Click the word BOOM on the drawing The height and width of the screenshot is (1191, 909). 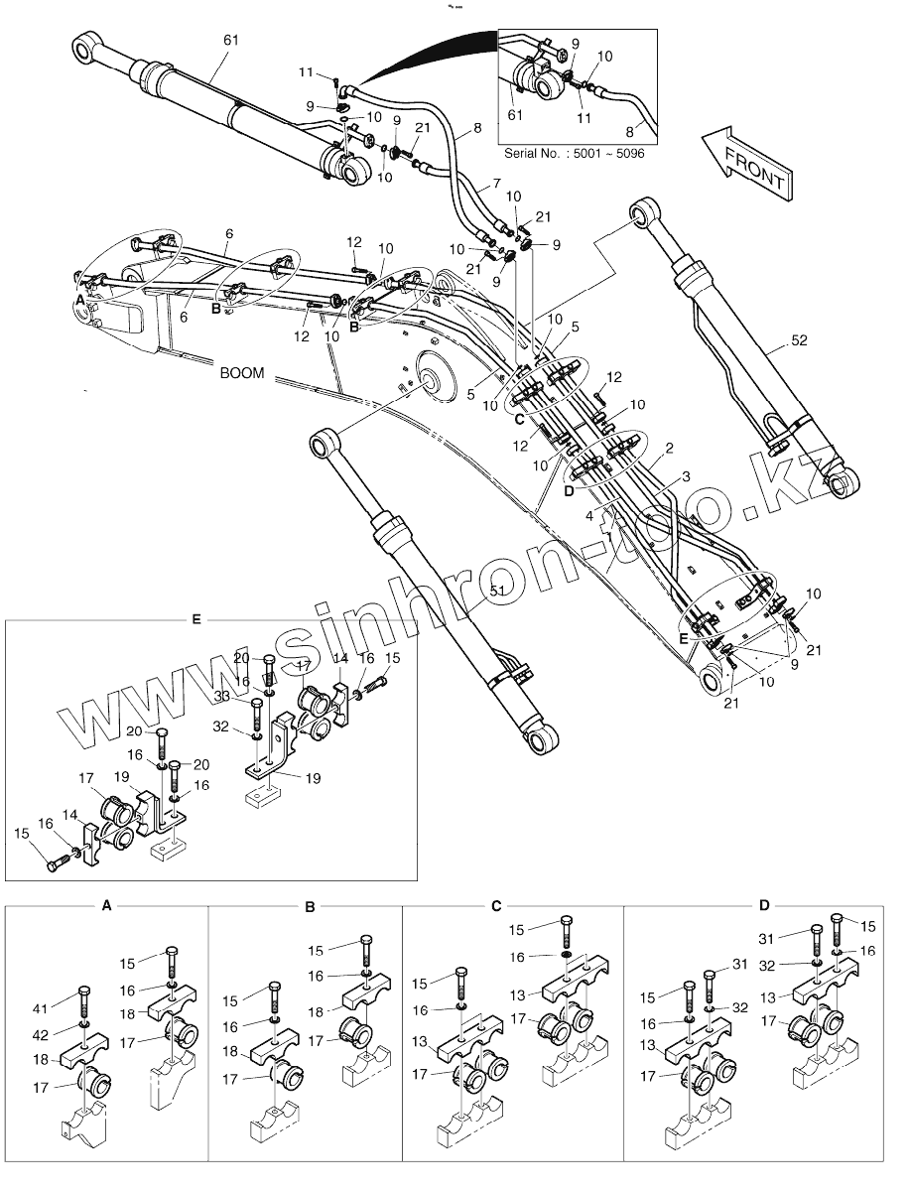tap(241, 373)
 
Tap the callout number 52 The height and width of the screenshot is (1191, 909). tap(801, 340)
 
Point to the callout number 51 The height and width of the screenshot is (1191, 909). tap(498, 590)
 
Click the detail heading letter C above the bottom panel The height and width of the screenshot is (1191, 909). tap(496, 905)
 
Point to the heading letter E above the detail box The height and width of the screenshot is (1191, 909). tap(196, 619)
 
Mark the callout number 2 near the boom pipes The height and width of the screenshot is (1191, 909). tap(671, 450)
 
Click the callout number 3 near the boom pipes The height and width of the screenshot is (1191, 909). tap(686, 477)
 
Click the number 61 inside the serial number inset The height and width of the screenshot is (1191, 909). tap(516, 115)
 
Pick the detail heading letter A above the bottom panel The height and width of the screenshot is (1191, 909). tap(106, 905)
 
